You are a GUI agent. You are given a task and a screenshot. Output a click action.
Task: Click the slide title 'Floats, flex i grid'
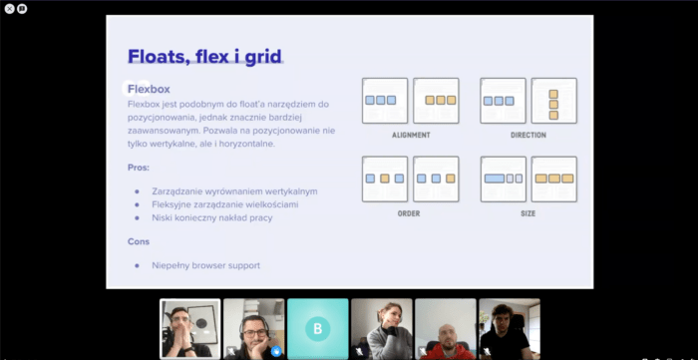click(204, 56)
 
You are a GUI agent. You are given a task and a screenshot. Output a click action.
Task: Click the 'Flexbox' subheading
click(149, 89)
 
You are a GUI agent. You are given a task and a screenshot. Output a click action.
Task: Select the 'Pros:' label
click(141, 168)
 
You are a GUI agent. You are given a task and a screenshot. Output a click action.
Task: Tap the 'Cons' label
click(139, 241)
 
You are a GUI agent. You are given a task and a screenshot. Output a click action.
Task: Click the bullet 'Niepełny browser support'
click(205, 265)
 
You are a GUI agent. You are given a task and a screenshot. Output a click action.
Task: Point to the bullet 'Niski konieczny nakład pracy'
click(212, 217)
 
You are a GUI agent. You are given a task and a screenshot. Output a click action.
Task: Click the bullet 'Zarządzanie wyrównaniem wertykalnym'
click(234, 190)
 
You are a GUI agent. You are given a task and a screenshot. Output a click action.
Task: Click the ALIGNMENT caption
click(411, 135)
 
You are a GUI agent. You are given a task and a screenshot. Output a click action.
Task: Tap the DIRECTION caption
click(527, 135)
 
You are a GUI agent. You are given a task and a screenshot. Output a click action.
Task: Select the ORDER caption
click(409, 213)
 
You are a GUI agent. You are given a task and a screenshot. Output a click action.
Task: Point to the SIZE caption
click(527, 213)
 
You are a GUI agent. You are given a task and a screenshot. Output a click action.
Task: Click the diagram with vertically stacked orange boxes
click(553, 101)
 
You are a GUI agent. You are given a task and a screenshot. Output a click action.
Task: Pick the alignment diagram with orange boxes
click(436, 101)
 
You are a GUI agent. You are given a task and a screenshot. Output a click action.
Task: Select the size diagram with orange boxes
click(553, 179)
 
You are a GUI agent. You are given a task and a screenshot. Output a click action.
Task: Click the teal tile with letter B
click(318, 328)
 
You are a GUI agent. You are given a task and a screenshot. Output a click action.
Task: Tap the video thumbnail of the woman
click(382, 328)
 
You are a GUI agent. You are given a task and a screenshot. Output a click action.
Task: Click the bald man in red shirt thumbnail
click(446, 328)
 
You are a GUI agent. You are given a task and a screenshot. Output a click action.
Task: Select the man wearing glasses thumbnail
click(254, 328)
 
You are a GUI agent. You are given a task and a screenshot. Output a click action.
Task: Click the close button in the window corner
click(9, 8)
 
